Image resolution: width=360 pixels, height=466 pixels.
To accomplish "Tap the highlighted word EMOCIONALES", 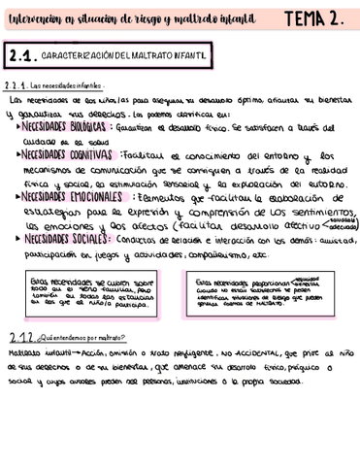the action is pyautogui.click(x=95, y=196).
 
